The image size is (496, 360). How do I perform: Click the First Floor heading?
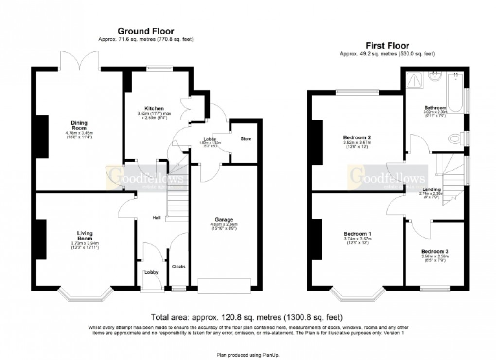[x=387, y=46]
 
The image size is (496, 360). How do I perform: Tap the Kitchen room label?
[x=154, y=108]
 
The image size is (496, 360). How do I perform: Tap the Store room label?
[x=246, y=139]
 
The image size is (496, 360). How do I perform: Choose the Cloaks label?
[x=178, y=266]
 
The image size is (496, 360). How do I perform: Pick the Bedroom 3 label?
[x=435, y=251]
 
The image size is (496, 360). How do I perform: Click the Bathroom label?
[x=435, y=108]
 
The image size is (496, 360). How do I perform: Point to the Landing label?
[x=431, y=189]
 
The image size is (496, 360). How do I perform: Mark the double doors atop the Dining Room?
[x=81, y=60]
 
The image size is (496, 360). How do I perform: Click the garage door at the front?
[x=224, y=286]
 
